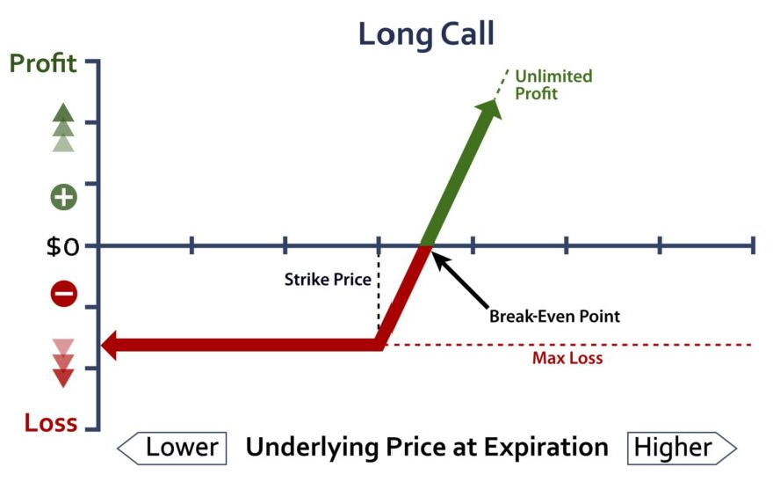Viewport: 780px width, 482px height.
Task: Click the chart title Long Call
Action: [426, 33]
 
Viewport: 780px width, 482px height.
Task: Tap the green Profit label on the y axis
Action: [43, 63]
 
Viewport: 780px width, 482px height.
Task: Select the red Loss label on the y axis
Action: [51, 423]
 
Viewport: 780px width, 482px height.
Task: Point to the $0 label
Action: [62, 246]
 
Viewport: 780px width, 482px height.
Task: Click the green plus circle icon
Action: [63, 197]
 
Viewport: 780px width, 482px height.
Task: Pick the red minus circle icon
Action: [63, 293]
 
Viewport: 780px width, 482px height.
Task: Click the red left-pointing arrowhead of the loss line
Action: [111, 345]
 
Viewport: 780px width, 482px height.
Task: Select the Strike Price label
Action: [328, 280]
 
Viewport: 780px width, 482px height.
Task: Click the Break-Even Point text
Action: [554, 316]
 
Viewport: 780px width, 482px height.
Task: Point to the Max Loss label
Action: [567, 358]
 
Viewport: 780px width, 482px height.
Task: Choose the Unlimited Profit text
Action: [553, 84]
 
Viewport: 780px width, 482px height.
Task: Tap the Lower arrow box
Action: [172, 449]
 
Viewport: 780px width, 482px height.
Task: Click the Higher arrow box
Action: [682, 449]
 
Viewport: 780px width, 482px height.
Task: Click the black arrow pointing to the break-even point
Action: [460, 280]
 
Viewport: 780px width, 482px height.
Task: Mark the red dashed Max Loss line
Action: [567, 345]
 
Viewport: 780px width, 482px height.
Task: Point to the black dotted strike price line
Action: [379, 288]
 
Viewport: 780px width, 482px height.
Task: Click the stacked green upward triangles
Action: [63, 128]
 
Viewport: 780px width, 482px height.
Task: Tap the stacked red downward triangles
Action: [63, 363]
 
